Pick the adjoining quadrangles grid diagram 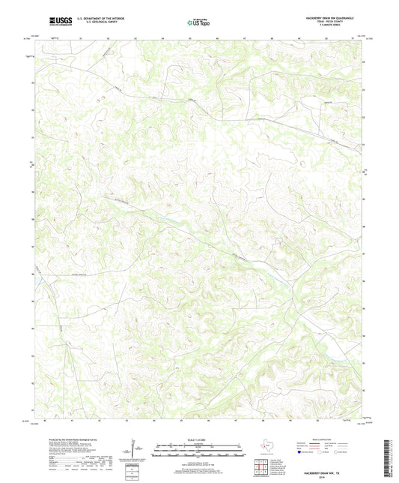262,467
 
